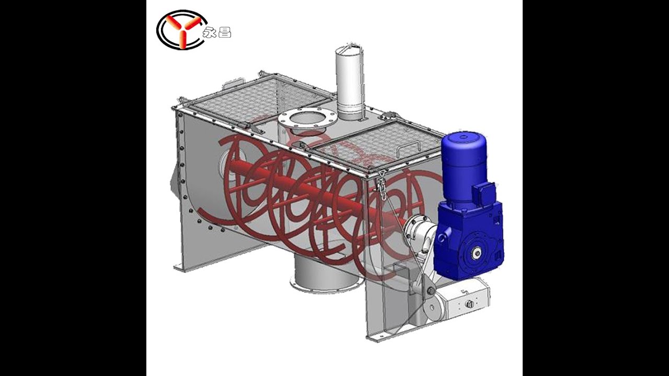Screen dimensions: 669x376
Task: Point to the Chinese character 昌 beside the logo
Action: (x=225, y=32)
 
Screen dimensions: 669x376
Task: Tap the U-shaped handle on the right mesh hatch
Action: (x=408, y=148)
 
